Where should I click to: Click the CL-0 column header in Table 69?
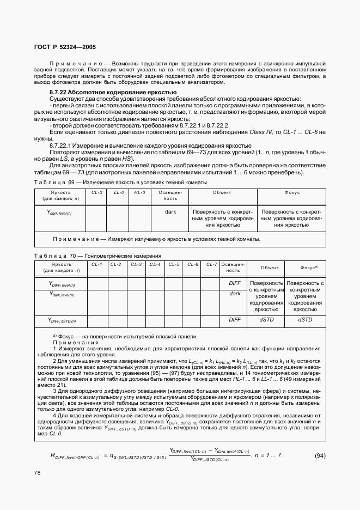(x=96, y=192)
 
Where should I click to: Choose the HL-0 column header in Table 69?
(x=139, y=192)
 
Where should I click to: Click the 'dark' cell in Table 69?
(x=170, y=211)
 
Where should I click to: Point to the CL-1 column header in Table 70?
(x=97, y=264)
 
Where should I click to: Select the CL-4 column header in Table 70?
(x=155, y=264)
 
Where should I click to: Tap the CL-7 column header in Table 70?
(x=211, y=264)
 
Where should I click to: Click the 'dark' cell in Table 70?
(x=234, y=294)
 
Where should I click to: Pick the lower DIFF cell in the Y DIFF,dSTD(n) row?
(x=234, y=320)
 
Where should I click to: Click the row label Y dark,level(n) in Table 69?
(x=60, y=212)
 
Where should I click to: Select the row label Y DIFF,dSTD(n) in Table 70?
(x=62, y=321)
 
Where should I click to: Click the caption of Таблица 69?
(x=120, y=182)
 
